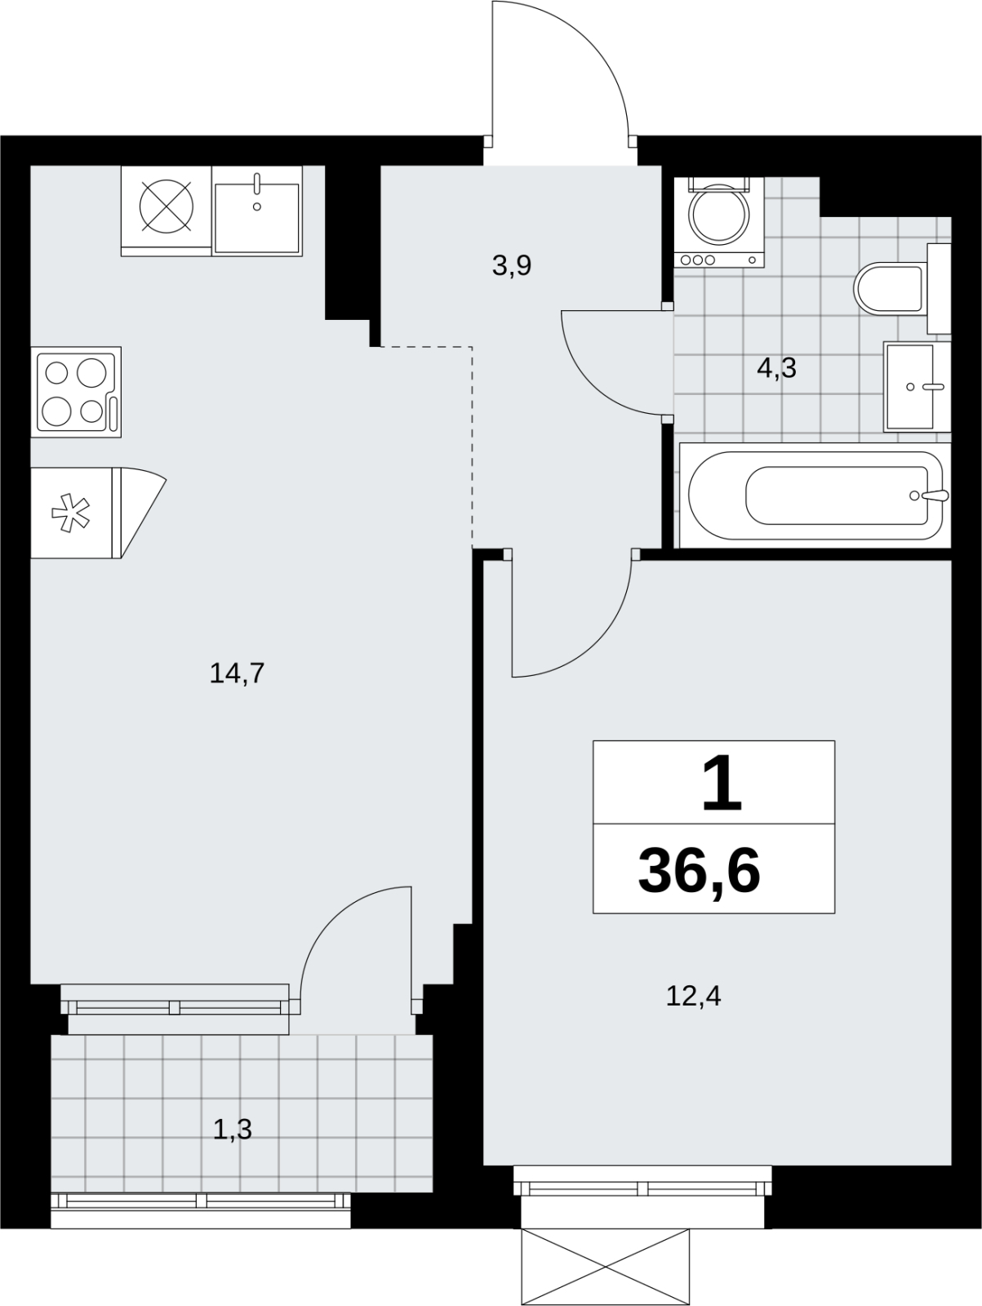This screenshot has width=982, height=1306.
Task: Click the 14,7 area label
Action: click(x=237, y=673)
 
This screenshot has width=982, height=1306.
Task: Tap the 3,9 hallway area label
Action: click(x=512, y=265)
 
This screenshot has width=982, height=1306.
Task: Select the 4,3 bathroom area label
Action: click(x=776, y=368)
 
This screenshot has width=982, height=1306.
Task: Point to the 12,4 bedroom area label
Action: click(x=694, y=996)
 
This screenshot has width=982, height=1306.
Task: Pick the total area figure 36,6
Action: click(x=700, y=872)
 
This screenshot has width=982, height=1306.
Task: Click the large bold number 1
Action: click(x=722, y=782)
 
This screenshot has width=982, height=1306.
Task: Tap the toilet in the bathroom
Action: click(x=902, y=289)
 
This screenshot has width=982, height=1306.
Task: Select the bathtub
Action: click(x=815, y=495)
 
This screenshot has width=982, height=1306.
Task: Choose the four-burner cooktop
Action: click(x=76, y=392)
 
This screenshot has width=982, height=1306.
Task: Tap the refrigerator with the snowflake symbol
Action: click(x=76, y=513)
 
